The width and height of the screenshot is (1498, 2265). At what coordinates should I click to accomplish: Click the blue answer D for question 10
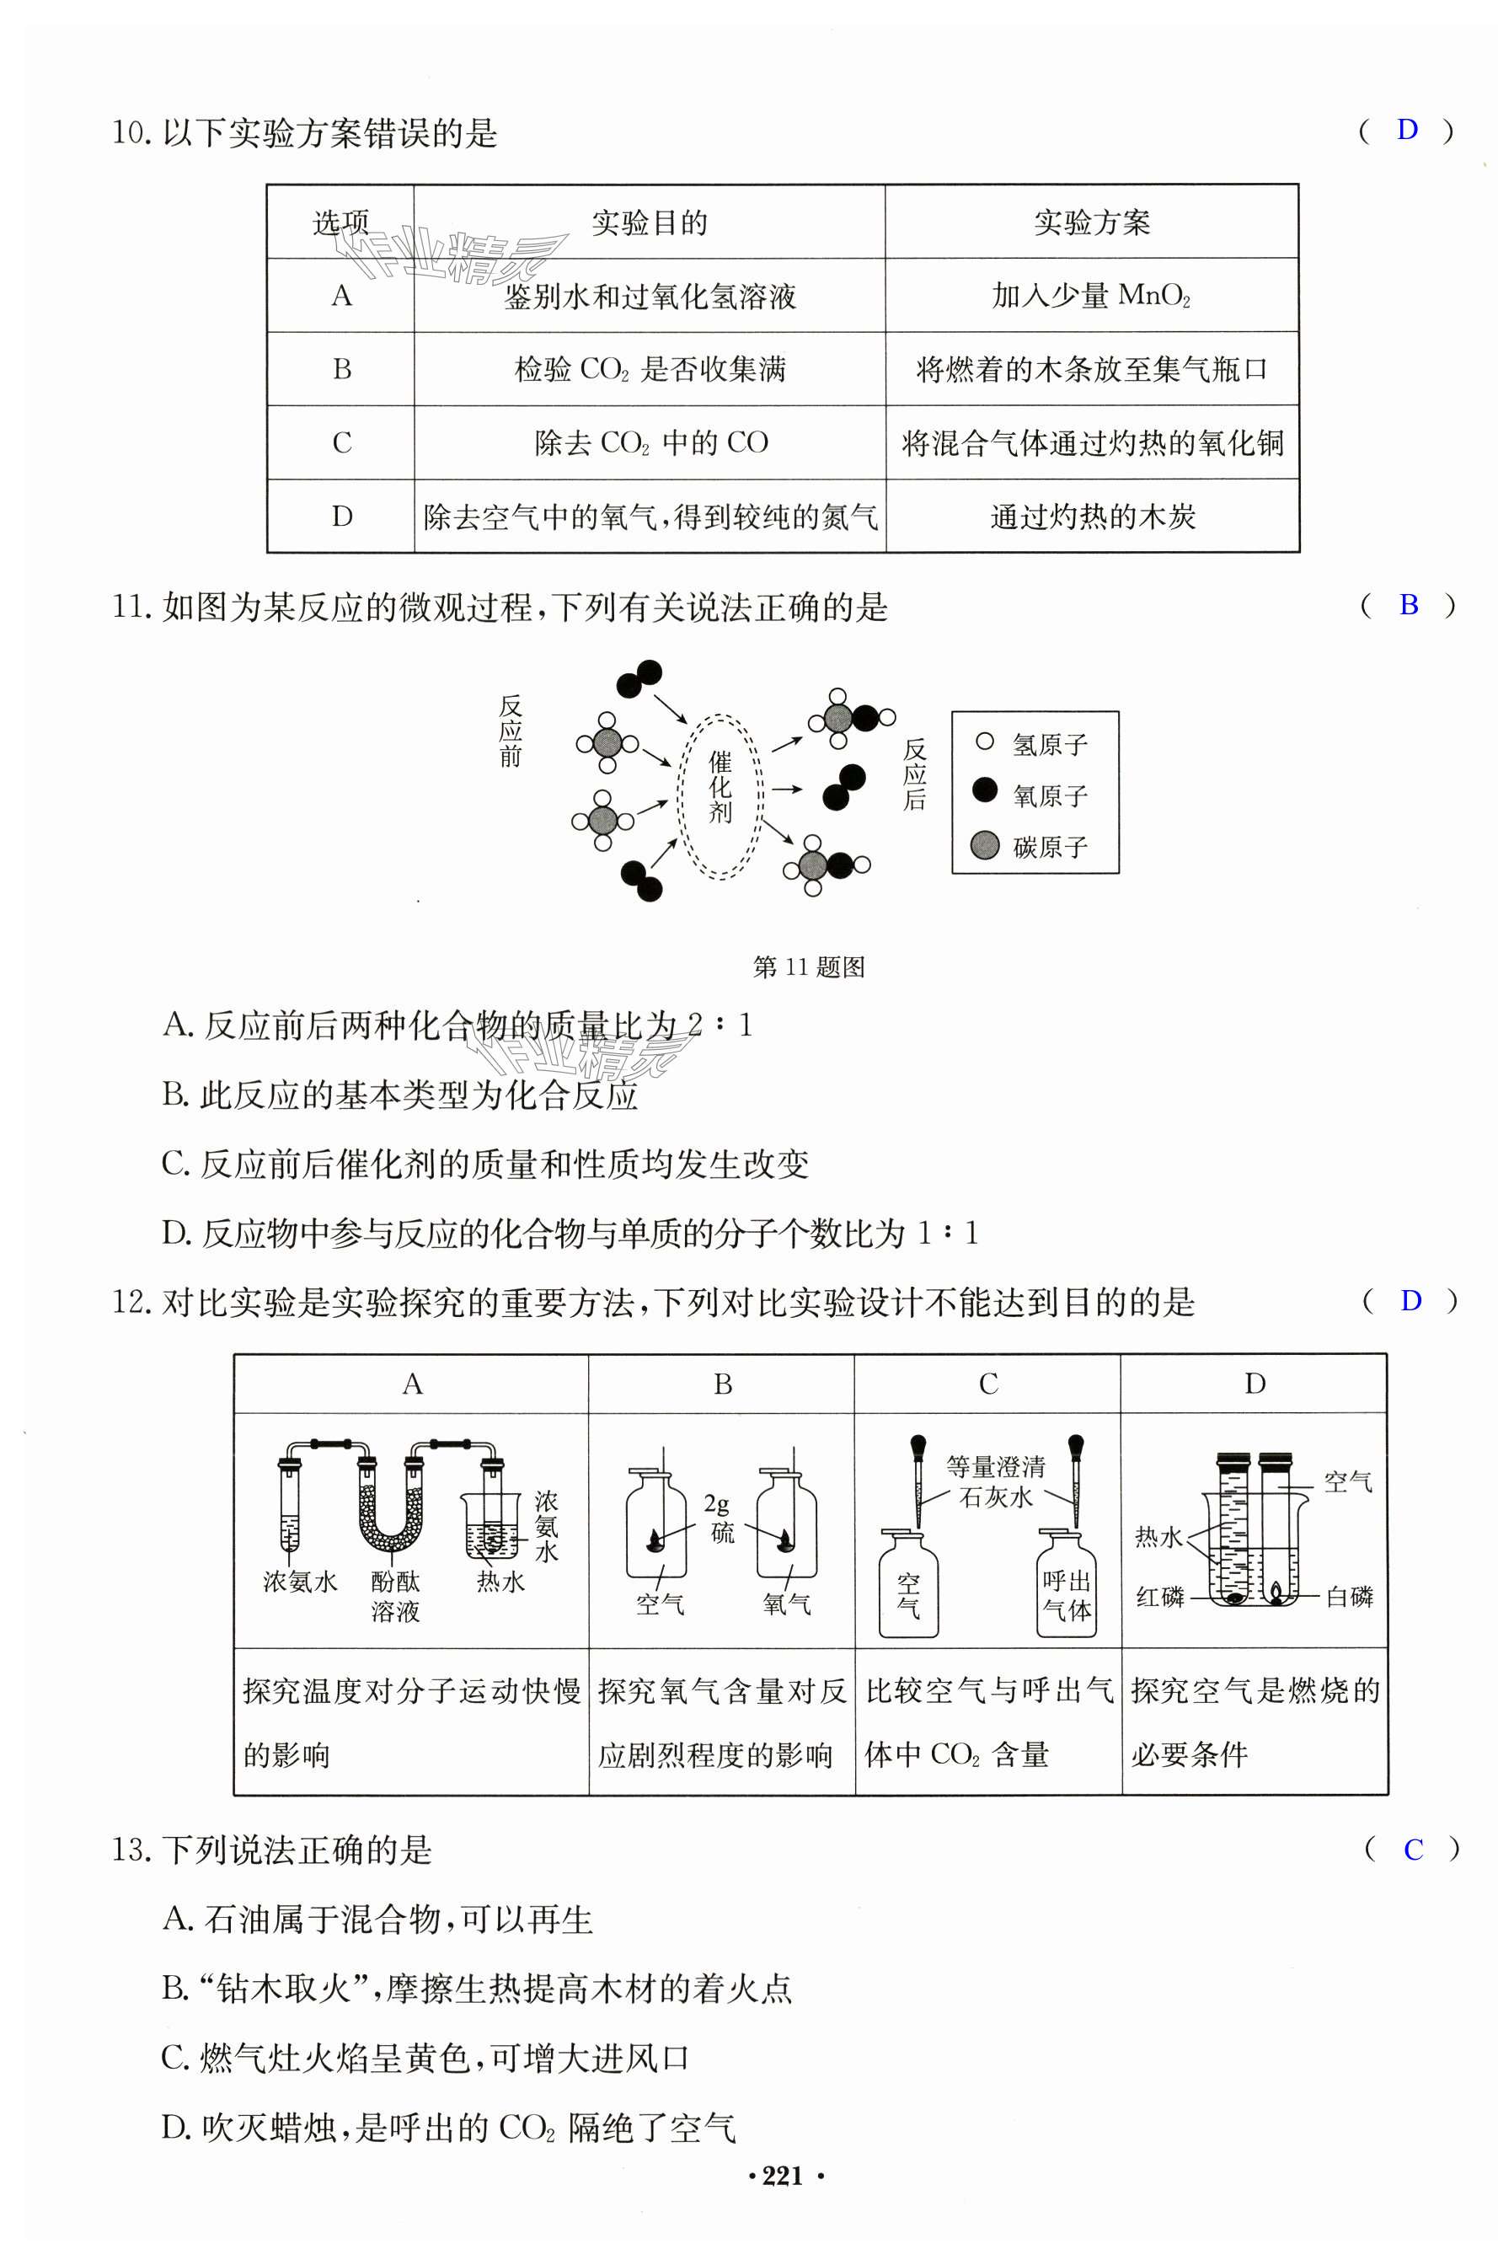1406,130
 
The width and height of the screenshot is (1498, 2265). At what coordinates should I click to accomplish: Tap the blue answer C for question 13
1413,1850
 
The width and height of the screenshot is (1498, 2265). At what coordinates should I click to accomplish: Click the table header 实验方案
1091,222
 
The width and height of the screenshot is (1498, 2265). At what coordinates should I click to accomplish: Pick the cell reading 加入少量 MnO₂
1091,296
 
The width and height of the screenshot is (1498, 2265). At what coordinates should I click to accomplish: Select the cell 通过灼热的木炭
1092,517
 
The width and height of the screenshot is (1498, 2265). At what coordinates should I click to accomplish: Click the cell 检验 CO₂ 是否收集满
650,370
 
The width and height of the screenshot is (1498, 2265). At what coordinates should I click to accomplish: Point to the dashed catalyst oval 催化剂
720,795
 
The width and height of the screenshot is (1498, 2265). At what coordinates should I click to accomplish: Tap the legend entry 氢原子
1049,744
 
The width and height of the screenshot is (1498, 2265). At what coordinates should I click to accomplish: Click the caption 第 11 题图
808,967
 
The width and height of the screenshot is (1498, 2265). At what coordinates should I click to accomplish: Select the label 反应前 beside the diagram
511,731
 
